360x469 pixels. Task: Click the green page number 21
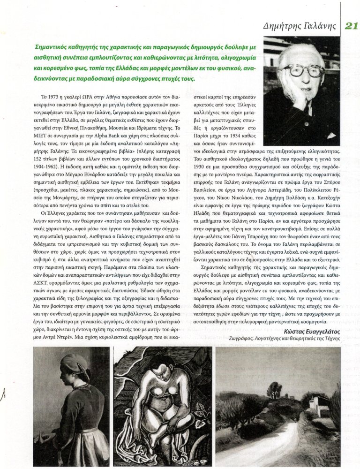point(351,25)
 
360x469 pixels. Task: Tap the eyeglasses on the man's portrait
point(306,70)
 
